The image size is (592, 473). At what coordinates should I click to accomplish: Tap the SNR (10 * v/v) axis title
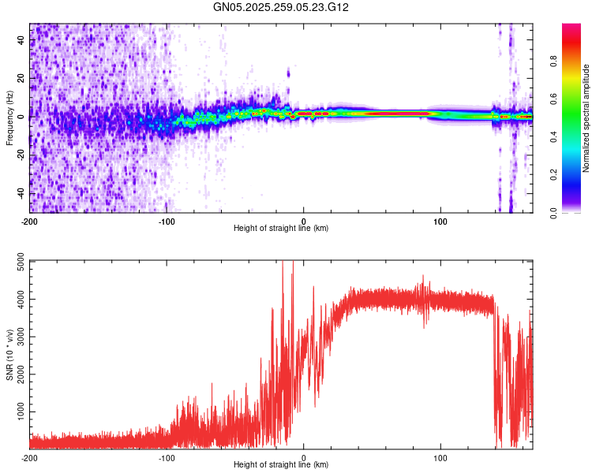pyautogui.click(x=9, y=354)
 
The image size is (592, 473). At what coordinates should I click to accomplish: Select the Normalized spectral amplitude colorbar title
pyautogui.click(x=586, y=118)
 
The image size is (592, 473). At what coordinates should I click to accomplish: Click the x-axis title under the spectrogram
pyautogui.click(x=281, y=228)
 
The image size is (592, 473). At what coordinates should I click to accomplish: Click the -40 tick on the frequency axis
pyautogui.click(x=19, y=193)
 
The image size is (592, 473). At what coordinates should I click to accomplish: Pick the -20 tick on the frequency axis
pyautogui.click(x=19, y=155)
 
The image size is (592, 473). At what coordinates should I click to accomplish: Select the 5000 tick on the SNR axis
pyautogui.click(x=16, y=262)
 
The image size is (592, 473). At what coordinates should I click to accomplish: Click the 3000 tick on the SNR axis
pyautogui.click(x=16, y=337)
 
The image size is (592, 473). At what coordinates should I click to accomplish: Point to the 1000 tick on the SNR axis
pyautogui.click(x=16, y=412)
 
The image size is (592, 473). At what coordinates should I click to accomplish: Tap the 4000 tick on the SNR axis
pyautogui.click(x=16, y=300)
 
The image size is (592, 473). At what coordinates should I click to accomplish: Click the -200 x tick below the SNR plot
pyautogui.click(x=29, y=457)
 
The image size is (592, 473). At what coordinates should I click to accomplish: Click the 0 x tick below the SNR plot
pyautogui.click(x=305, y=457)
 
